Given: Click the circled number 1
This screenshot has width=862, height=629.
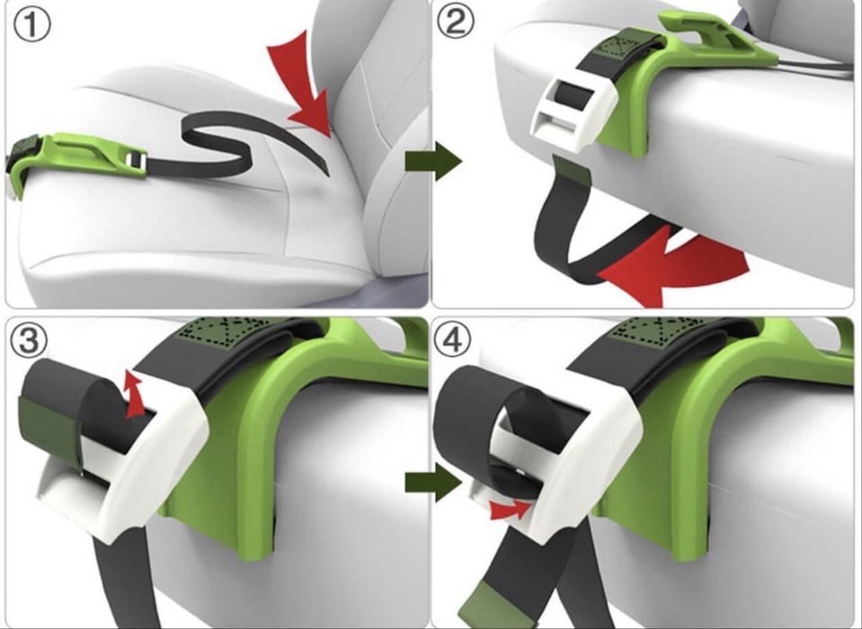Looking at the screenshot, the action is coord(31,26).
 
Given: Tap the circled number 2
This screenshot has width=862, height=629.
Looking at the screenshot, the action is coord(455,22).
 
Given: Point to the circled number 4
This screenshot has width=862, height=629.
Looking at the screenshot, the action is coord(452,340).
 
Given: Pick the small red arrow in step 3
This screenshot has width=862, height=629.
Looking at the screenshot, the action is coord(134,394).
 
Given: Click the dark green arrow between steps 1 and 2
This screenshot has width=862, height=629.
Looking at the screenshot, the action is coord(433,161).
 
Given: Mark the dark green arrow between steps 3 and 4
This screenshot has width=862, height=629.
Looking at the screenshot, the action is coord(433,483).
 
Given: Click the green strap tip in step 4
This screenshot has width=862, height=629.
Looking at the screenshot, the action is coord(486,603).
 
